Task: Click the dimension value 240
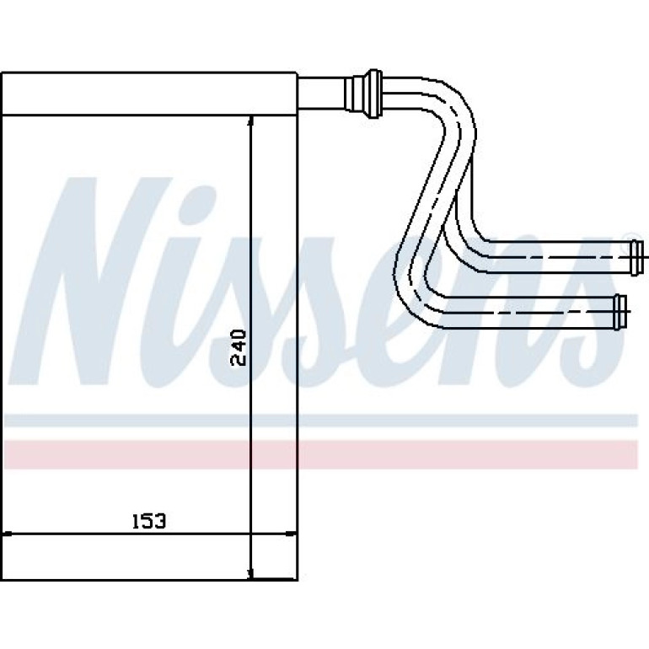pyautogui.click(x=238, y=347)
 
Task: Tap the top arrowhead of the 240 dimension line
pyautogui.click(x=251, y=121)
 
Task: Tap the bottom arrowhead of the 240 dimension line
pyautogui.click(x=251, y=574)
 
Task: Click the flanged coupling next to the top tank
pyautogui.click(x=363, y=94)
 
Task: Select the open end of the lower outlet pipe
pyautogui.click(x=620, y=312)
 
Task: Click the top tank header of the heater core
pyautogui.click(x=149, y=94)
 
